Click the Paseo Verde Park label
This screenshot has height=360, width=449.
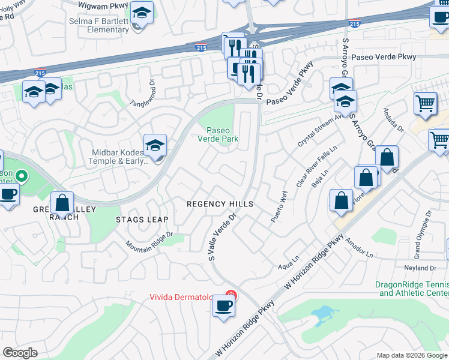pos(223,134)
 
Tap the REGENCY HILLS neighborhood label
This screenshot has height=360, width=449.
pos(220,204)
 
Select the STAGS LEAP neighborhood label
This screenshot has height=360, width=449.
pos(142,220)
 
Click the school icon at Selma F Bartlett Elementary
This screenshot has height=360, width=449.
pos(142,13)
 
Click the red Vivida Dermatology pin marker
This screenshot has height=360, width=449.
pos(229,295)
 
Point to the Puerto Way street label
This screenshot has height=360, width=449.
pos(279,207)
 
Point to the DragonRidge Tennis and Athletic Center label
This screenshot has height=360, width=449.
pos(412,289)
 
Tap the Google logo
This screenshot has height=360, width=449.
pos(20,353)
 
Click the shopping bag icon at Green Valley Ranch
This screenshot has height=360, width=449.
pos(62,203)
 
